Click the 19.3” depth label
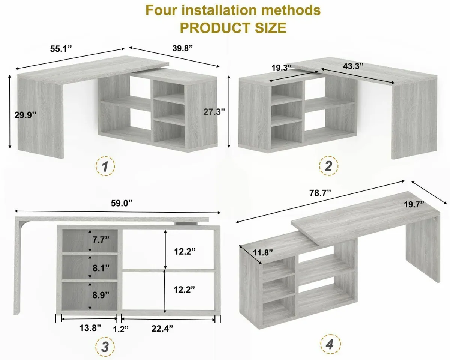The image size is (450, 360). pos(282,67)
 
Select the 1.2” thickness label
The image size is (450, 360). pos(121,329)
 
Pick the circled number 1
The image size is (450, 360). pos(105,166)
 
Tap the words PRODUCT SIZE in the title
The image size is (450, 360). pos(232,28)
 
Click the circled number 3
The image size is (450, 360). pos(105,347)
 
